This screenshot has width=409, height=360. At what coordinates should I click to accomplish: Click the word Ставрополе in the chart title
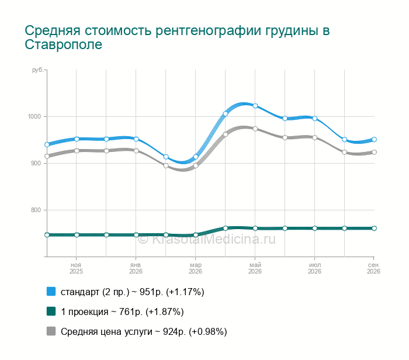click(63, 45)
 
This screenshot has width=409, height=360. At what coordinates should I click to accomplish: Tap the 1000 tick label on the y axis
click(34, 117)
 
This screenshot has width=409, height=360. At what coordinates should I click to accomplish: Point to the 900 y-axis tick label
click(36, 163)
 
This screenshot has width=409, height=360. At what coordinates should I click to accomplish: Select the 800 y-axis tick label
click(36, 210)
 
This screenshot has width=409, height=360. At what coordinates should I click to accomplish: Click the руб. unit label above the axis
click(37, 70)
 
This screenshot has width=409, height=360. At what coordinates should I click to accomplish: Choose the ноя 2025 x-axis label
click(76, 268)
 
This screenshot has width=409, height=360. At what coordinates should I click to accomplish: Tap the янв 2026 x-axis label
click(136, 268)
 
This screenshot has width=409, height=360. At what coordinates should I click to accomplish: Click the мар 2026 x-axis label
click(195, 268)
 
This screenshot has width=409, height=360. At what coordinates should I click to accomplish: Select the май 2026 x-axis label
click(255, 268)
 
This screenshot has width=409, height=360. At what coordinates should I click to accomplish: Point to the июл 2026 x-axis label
click(314, 268)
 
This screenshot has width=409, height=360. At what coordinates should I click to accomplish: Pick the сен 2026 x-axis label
click(373, 268)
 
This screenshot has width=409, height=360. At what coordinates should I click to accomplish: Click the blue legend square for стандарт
click(51, 292)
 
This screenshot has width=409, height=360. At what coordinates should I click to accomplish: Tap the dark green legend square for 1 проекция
click(51, 311)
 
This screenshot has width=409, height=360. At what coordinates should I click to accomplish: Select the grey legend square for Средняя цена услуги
click(51, 331)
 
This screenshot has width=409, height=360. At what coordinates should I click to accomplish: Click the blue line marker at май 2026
click(255, 106)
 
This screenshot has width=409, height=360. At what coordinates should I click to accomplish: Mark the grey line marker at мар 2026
click(196, 165)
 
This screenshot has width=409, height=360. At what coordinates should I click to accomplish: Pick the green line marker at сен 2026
click(374, 229)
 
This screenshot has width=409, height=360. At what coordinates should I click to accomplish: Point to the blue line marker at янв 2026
click(136, 139)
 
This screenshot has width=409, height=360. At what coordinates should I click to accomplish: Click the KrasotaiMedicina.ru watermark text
click(207, 239)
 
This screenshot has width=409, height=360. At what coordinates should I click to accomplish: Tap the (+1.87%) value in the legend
click(165, 311)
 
